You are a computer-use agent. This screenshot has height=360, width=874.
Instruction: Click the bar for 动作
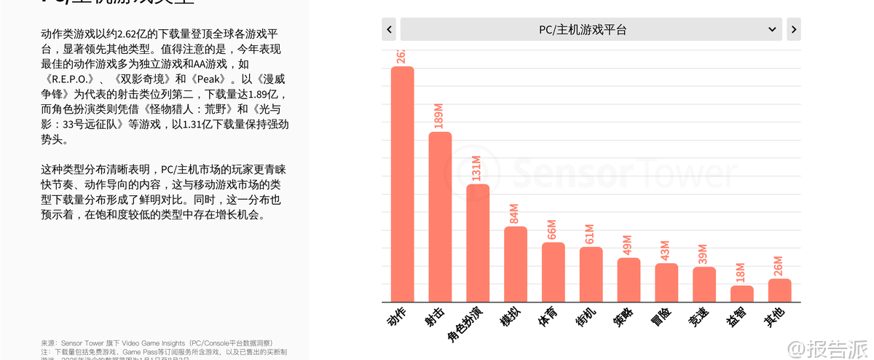tap(402, 184)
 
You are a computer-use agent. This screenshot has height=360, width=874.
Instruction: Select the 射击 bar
tap(440, 216)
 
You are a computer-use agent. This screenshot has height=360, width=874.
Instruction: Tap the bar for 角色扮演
tap(478, 243)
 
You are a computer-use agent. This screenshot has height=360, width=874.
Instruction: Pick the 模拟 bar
tap(516, 264)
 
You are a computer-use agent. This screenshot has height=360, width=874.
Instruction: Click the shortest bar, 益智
tap(741, 294)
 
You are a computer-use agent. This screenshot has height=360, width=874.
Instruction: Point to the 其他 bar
tap(779, 290)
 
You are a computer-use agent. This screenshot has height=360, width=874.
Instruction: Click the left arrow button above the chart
tap(389, 30)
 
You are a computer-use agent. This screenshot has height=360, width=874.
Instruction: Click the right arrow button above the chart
tap(793, 30)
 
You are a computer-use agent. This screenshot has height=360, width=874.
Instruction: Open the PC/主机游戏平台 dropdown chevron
tap(772, 30)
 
